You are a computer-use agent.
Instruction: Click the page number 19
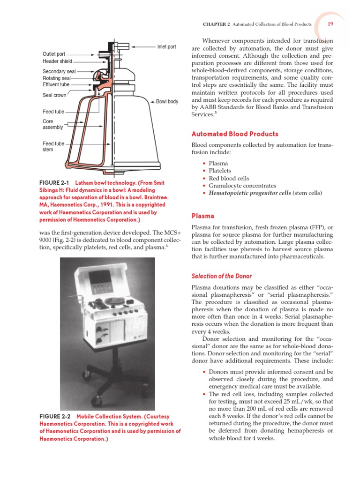330,24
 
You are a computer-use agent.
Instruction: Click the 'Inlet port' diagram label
166,47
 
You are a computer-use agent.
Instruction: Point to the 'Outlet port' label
54,54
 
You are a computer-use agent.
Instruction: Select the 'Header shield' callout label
57,61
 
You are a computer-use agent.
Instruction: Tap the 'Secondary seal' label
59,72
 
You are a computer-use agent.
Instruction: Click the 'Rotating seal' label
57,78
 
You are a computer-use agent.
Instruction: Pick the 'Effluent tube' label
56,85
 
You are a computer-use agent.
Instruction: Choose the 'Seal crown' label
54,95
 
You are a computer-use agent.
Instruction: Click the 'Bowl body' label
167,102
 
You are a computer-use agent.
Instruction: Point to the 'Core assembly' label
52,124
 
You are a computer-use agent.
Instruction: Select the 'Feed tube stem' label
53,147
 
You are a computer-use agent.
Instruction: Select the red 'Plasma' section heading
203,216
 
